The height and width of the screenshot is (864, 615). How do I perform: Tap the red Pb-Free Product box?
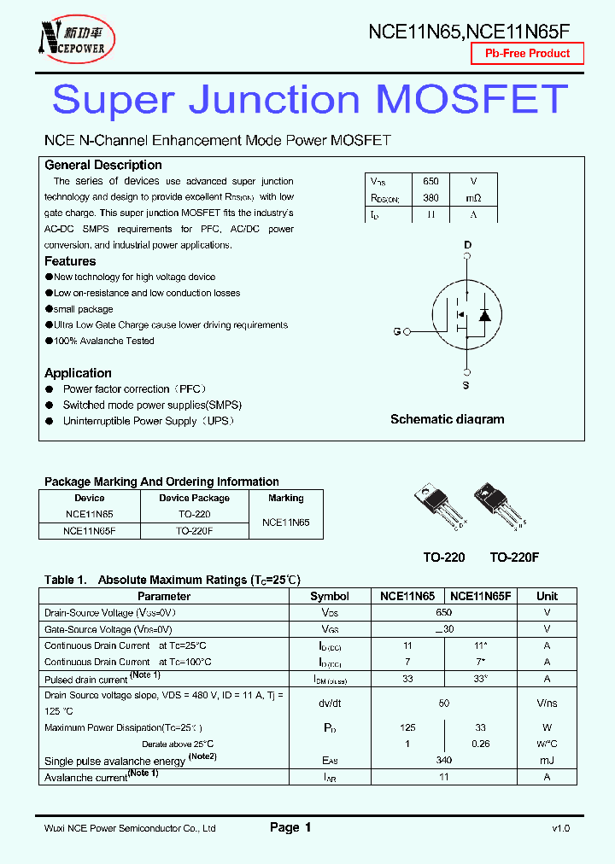[527, 53]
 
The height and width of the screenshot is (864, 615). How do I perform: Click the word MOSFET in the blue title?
[471, 100]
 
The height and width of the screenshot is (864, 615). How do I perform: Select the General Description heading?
[102, 165]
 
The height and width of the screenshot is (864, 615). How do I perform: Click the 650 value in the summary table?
[430, 181]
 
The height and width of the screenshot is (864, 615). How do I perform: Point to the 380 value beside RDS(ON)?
[430, 198]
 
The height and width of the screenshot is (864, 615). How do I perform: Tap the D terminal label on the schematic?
[467, 245]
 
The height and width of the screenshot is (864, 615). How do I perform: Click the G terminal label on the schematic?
[396, 331]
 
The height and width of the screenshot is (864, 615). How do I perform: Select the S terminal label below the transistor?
[467, 386]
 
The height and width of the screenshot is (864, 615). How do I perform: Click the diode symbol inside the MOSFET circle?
[484, 315]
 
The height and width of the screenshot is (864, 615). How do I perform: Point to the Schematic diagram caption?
[447, 419]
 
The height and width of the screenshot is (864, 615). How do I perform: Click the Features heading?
[70, 261]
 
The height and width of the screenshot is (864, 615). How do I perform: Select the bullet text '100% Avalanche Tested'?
[103, 341]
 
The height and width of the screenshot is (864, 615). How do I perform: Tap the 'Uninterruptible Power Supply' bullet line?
[148, 421]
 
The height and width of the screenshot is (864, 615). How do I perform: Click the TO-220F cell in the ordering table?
[194, 530]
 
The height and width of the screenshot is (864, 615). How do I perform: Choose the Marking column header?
[285, 498]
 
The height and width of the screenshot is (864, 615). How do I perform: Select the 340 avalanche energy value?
[443, 761]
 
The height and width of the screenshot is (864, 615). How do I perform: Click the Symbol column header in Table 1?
[329, 596]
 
